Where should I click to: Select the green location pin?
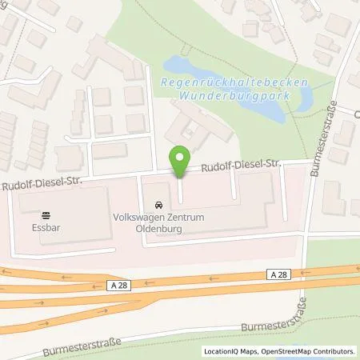click(180, 161)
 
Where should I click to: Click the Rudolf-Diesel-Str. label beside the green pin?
click(239, 166)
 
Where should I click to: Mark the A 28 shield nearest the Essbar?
click(118, 283)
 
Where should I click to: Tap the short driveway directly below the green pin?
click(180, 190)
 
